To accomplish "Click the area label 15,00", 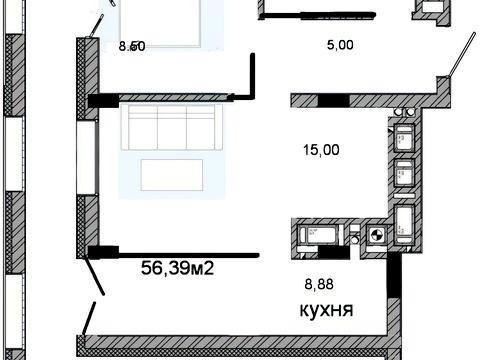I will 321,150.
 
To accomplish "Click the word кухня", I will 329,309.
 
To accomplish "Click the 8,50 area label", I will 132,46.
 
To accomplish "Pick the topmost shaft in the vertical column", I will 405,137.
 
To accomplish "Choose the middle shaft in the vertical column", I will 405,172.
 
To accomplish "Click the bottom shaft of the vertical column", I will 405,219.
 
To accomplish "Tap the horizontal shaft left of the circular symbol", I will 318,236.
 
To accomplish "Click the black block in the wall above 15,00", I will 333,99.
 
